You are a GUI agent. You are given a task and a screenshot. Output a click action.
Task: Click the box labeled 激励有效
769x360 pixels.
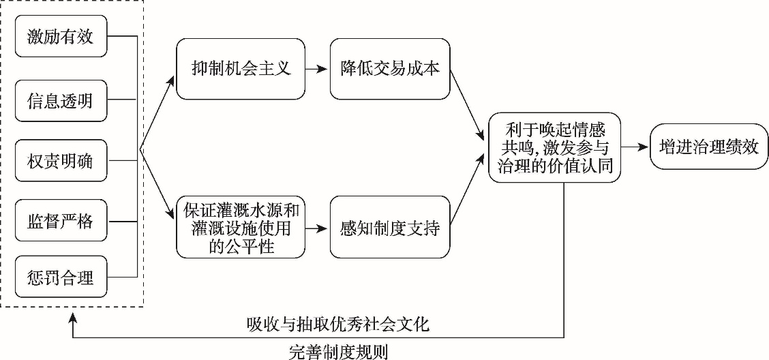[61, 37]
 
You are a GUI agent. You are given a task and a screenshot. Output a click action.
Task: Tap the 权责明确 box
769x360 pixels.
[61, 162]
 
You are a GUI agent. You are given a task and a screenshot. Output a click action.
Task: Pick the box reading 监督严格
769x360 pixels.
[61, 222]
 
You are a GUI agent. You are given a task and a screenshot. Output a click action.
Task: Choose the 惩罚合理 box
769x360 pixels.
[61, 277]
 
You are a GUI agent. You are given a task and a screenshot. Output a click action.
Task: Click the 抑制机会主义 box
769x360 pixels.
[241, 69]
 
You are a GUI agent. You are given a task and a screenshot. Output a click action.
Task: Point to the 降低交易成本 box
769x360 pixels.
[391, 69]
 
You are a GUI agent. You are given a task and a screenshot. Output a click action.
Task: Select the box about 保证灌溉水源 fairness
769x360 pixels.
[241, 227]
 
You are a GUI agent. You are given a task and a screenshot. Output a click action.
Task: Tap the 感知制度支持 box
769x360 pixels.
[391, 227]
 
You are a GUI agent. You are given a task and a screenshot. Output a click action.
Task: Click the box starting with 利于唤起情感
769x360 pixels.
[554, 147]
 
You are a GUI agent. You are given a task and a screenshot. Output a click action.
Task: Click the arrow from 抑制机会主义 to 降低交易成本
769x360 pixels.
[317, 69]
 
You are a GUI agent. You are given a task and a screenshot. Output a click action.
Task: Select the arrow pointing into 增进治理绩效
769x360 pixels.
[635, 147]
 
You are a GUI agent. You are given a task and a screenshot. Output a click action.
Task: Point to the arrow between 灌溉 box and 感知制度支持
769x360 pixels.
[317, 227]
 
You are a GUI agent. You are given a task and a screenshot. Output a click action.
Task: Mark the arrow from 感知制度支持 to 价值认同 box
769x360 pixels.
[468, 194]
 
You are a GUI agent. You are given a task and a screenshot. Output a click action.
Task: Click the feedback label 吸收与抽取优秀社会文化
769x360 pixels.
[338, 325]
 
